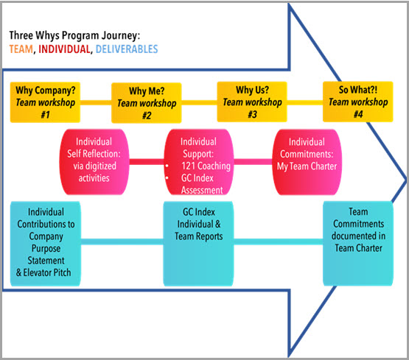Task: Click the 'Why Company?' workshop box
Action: pos(45,102)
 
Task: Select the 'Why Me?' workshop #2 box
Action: pos(147,103)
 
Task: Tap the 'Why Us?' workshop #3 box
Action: pos(252,102)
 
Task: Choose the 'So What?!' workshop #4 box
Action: pos(358,102)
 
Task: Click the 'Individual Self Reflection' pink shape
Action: pos(94,162)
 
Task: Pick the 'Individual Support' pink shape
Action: pos(199,162)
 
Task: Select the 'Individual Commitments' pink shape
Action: pos(307,162)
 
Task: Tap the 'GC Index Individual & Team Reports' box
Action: pos(198,244)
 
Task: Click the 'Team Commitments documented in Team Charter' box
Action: pos(358,243)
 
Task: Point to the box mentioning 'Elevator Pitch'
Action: pos(46,244)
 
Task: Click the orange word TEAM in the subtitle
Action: pos(21,49)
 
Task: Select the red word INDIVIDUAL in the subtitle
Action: pos(64,49)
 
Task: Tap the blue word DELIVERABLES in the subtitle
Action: pos(127,49)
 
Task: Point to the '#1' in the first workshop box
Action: pos(45,115)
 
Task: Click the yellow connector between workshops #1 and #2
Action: pos(96,102)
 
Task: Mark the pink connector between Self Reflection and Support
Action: pos(147,162)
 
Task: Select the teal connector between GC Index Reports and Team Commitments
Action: pos(279,242)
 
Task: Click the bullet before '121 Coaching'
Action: pos(167,166)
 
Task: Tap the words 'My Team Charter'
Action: pos(307,166)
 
